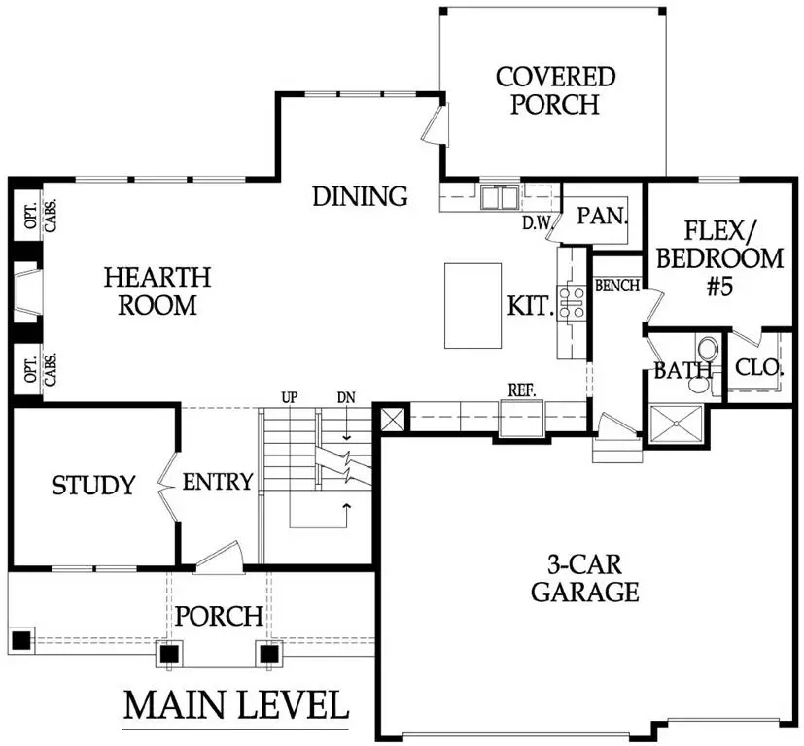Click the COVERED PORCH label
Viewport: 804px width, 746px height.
555,90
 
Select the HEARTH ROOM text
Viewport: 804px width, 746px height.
157,290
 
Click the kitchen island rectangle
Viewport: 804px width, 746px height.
473,305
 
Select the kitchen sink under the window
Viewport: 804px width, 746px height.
502,199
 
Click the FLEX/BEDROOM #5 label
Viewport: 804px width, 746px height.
720,259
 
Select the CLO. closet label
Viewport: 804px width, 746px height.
759,368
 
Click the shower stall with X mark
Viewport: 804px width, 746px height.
677,424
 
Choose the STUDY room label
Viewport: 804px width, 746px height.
93,485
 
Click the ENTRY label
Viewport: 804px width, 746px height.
218,481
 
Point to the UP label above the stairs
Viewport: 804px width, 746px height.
289,398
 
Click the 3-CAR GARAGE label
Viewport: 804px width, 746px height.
584,576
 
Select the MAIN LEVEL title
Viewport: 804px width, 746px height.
235,702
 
